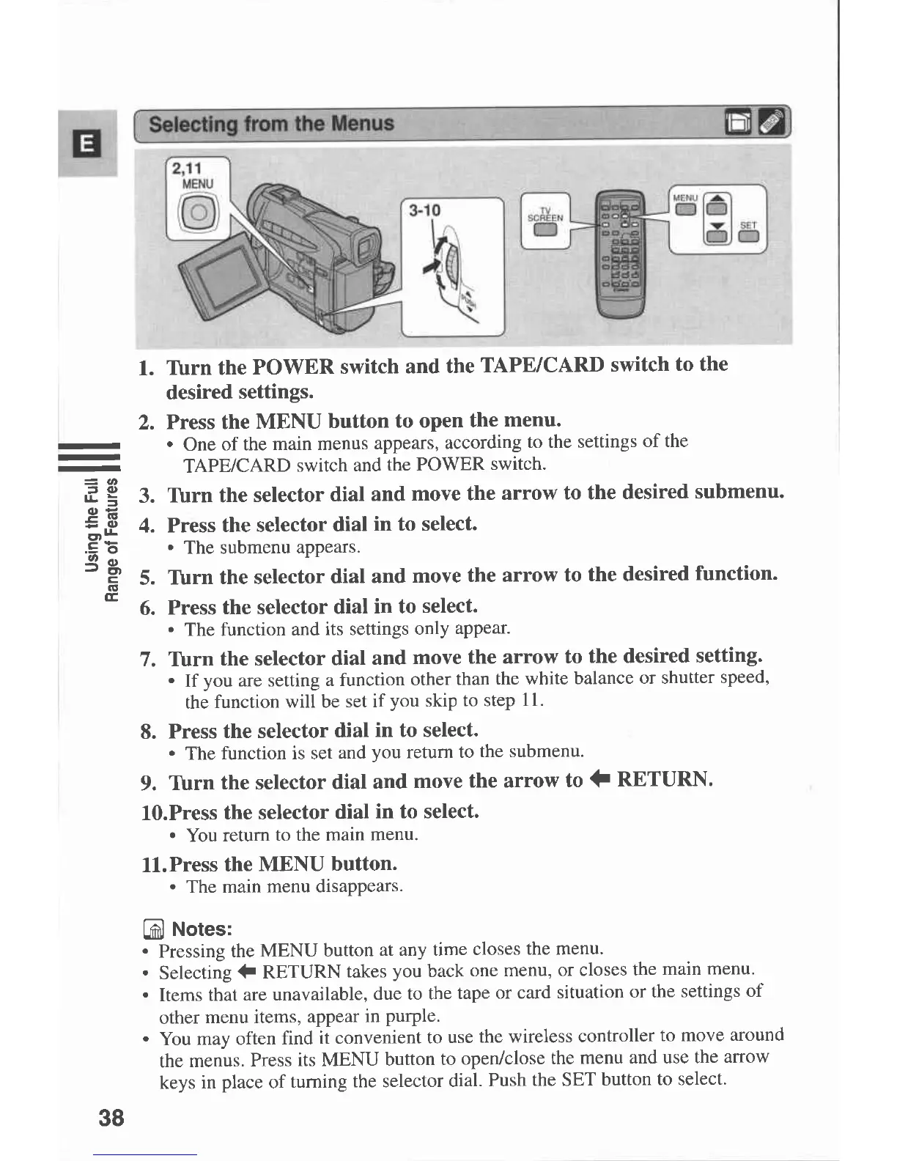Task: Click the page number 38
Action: (111, 1117)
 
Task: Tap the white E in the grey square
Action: (86, 144)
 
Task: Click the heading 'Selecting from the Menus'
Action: (271, 123)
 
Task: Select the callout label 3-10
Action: (424, 211)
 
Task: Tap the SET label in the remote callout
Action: (747, 224)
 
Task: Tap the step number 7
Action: (148, 659)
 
